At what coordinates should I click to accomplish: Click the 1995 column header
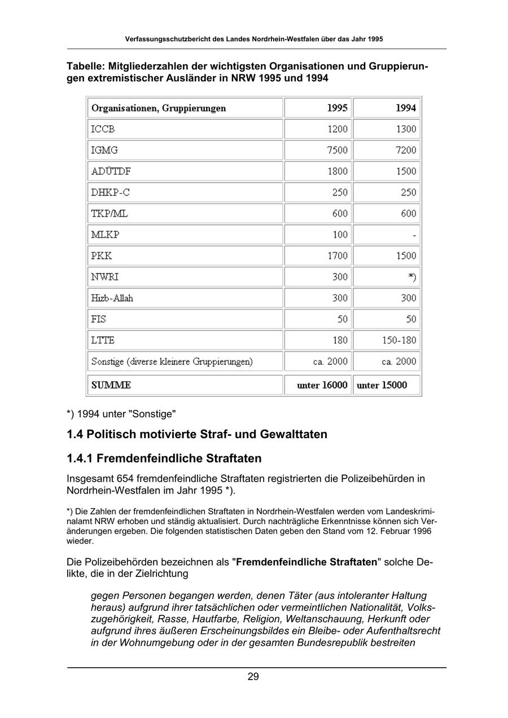point(338,108)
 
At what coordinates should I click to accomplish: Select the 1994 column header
point(406,108)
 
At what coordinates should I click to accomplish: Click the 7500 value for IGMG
point(338,150)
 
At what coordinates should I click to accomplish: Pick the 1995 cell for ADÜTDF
point(338,171)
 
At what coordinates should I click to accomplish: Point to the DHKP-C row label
point(110,192)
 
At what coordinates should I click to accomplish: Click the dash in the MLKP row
point(414,235)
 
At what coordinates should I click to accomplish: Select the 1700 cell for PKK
point(338,256)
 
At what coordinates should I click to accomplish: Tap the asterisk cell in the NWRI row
point(412,277)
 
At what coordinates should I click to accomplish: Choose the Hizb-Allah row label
point(112,298)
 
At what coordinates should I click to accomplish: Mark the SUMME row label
point(111,385)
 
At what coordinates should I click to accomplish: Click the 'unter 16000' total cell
point(322,385)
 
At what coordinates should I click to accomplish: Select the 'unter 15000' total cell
point(382,385)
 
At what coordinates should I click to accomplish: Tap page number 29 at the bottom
point(253,677)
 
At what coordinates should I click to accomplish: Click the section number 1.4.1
point(81,457)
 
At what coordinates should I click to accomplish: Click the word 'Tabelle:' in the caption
point(86,67)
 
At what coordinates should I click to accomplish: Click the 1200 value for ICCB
point(338,129)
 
